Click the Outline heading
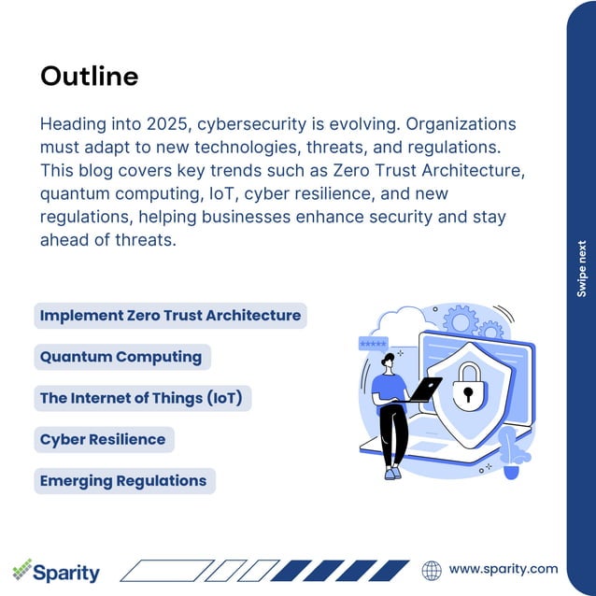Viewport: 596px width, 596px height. pos(89,76)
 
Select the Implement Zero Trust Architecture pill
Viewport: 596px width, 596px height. pos(170,316)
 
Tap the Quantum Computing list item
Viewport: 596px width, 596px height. pos(121,357)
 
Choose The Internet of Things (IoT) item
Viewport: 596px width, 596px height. pos(141,398)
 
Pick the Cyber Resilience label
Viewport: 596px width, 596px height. pos(103,439)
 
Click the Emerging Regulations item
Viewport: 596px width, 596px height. pos(123,481)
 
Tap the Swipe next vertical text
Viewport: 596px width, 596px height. pos(581,271)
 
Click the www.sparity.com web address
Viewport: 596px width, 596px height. pos(503,568)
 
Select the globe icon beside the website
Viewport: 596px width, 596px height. pos(432,570)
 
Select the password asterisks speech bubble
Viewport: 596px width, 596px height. pos(373,345)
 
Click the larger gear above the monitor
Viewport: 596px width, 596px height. pos(461,321)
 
